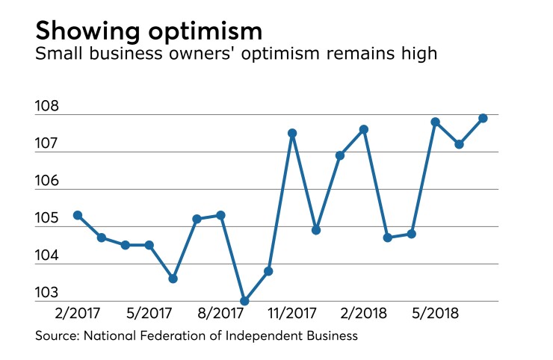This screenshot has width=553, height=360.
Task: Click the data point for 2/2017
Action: [78, 215]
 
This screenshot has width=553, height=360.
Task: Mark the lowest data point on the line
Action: [244, 301]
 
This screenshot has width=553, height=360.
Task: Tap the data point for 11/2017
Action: [292, 133]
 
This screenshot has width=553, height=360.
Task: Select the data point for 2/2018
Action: [364, 129]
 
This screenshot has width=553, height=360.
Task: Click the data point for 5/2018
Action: [435, 122]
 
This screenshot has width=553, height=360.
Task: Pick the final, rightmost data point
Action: [483, 118]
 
